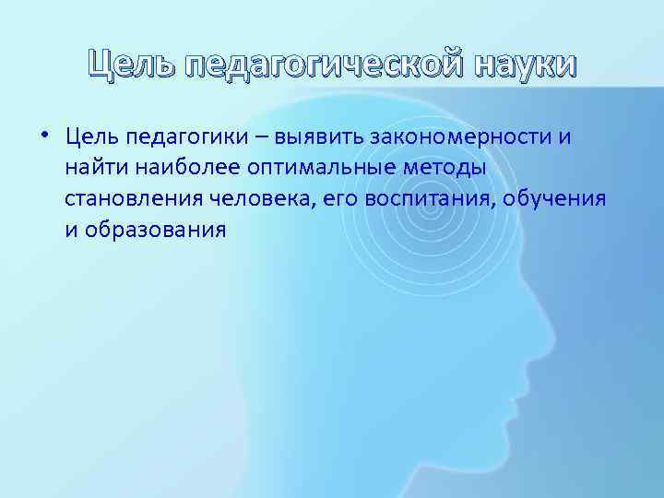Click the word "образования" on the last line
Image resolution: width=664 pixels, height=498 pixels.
coord(155,230)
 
